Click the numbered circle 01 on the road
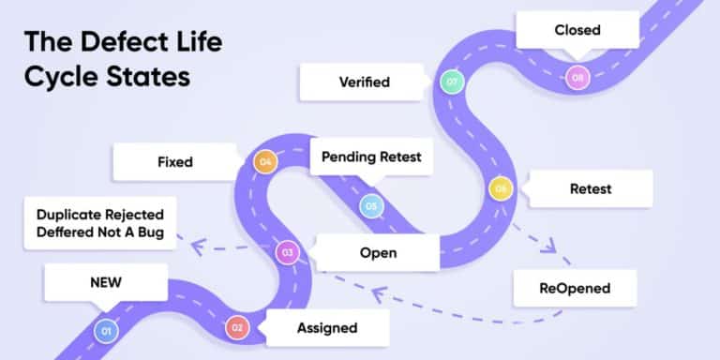click(105, 330)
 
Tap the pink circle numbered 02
click(237, 327)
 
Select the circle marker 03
click(287, 251)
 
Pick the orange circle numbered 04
click(266, 162)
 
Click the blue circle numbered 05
click(371, 204)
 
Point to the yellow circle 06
click(501, 189)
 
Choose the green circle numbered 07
click(453, 82)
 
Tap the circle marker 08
click(577, 77)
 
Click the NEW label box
click(100, 281)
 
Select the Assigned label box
click(326, 327)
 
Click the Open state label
click(378, 252)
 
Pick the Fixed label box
click(175, 162)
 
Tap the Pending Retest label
click(372, 157)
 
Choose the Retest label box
click(591, 188)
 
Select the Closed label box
click(577, 30)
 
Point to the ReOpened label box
click(575, 288)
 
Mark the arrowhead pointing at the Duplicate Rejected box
click(196, 247)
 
